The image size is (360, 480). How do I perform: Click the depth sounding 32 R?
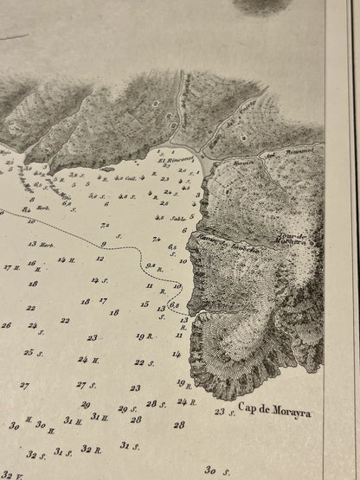click(91, 449)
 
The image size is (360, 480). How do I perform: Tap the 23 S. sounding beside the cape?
click(224, 412)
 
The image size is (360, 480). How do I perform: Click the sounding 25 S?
click(33, 352)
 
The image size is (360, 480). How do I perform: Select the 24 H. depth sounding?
click(87, 359)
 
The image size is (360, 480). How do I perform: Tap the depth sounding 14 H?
click(66, 259)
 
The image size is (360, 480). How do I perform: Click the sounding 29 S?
click(126, 409)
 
